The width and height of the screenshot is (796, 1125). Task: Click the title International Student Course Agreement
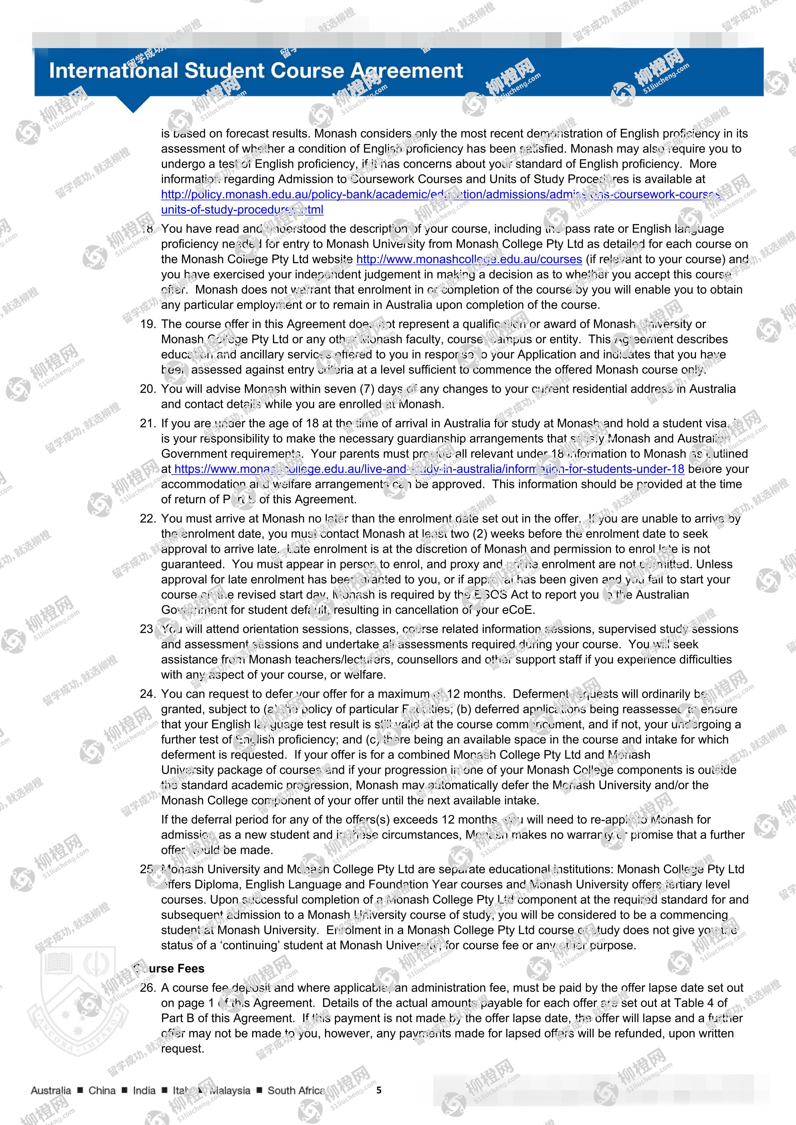[256, 71]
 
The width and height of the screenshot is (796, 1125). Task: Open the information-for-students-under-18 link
[429, 469]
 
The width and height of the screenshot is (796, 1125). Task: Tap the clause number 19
[148, 324]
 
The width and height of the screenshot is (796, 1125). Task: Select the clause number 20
[148, 389]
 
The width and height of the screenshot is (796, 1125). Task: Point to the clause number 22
[148, 518]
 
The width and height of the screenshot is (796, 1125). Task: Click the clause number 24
[148, 694]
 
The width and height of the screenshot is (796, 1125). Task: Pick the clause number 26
[148, 987]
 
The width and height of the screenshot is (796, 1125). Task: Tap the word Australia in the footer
[50, 1090]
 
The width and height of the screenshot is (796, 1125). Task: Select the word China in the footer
[102, 1090]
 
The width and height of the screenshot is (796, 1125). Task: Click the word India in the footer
[144, 1090]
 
